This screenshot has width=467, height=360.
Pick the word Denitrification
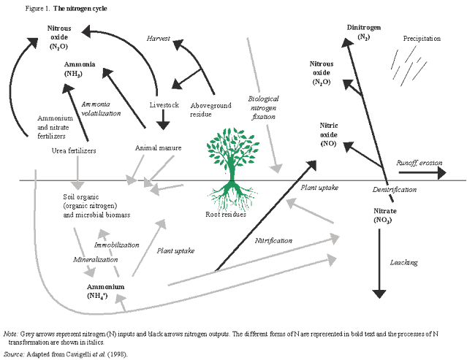[395, 189]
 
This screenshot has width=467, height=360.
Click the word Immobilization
[117, 245]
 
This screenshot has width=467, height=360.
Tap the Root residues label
[226, 215]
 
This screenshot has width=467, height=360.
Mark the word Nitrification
[273, 240]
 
